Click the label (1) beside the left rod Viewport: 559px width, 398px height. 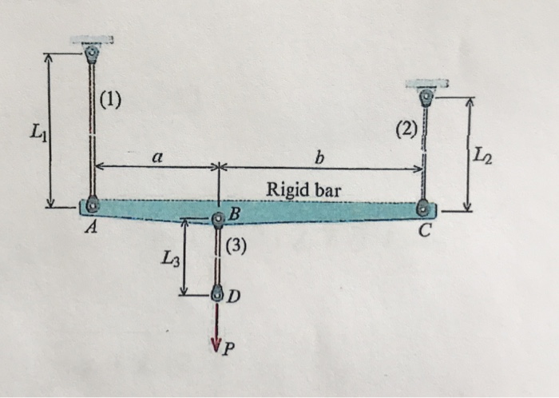(111, 100)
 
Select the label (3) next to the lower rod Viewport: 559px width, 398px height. (238, 247)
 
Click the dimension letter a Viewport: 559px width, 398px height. (158, 159)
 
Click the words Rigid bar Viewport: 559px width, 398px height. (303, 190)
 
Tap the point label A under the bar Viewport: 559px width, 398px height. (91, 229)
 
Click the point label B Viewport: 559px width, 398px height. (234, 213)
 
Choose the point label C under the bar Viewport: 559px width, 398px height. (425, 232)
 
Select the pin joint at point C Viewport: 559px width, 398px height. (424, 209)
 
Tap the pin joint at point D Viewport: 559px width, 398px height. (217, 295)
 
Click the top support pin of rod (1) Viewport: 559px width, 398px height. (93, 54)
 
